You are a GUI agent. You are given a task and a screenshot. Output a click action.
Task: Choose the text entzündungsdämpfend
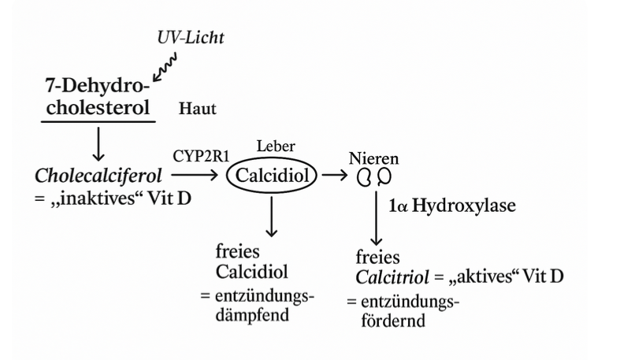265,306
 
